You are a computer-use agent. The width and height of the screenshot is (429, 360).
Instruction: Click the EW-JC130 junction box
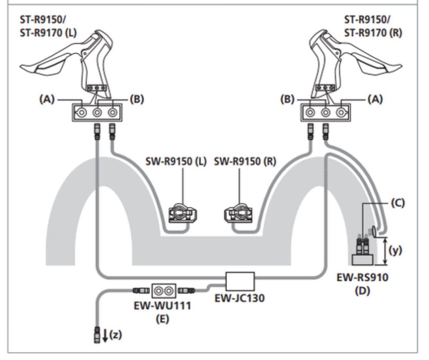pyautogui.click(x=240, y=281)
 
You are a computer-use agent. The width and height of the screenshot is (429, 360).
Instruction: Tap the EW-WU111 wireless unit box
pyautogui.click(x=164, y=291)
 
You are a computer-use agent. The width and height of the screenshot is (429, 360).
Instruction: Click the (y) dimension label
pyautogui.click(x=395, y=251)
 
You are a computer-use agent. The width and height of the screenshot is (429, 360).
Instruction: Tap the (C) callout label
pyautogui.click(x=398, y=203)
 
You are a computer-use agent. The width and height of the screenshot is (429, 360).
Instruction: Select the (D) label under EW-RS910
pyautogui.click(x=363, y=290)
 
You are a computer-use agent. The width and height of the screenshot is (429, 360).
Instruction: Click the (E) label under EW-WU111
pyautogui.click(x=163, y=319)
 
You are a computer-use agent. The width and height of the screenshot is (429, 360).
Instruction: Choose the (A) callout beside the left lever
pyautogui.click(x=47, y=99)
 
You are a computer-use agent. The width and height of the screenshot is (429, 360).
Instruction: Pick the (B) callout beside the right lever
pyautogui.click(x=287, y=99)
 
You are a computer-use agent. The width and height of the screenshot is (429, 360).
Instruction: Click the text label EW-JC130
pyautogui.click(x=240, y=298)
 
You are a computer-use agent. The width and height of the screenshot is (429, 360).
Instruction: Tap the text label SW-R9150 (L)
pyautogui.click(x=176, y=162)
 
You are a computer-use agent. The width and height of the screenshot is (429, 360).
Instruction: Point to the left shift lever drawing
pyautogui.click(x=66, y=63)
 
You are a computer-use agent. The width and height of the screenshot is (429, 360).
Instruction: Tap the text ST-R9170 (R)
pyautogui.click(x=373, y=33)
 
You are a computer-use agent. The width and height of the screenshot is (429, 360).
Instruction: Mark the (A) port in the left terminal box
pyautogui.click(x=82, y=112)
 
